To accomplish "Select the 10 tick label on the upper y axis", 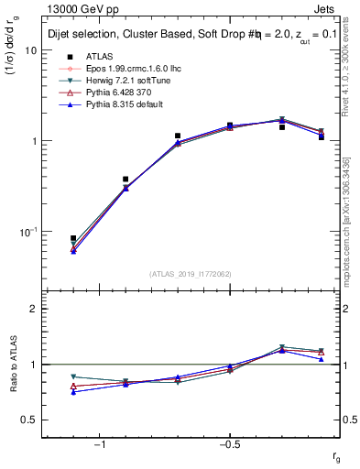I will pos(30,51).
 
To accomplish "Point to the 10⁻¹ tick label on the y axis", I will pos(27,232).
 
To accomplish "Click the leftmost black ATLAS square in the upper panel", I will pos(73,238).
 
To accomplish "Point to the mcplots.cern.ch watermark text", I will pos(349,229).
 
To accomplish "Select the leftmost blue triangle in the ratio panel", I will pos(73,392).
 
